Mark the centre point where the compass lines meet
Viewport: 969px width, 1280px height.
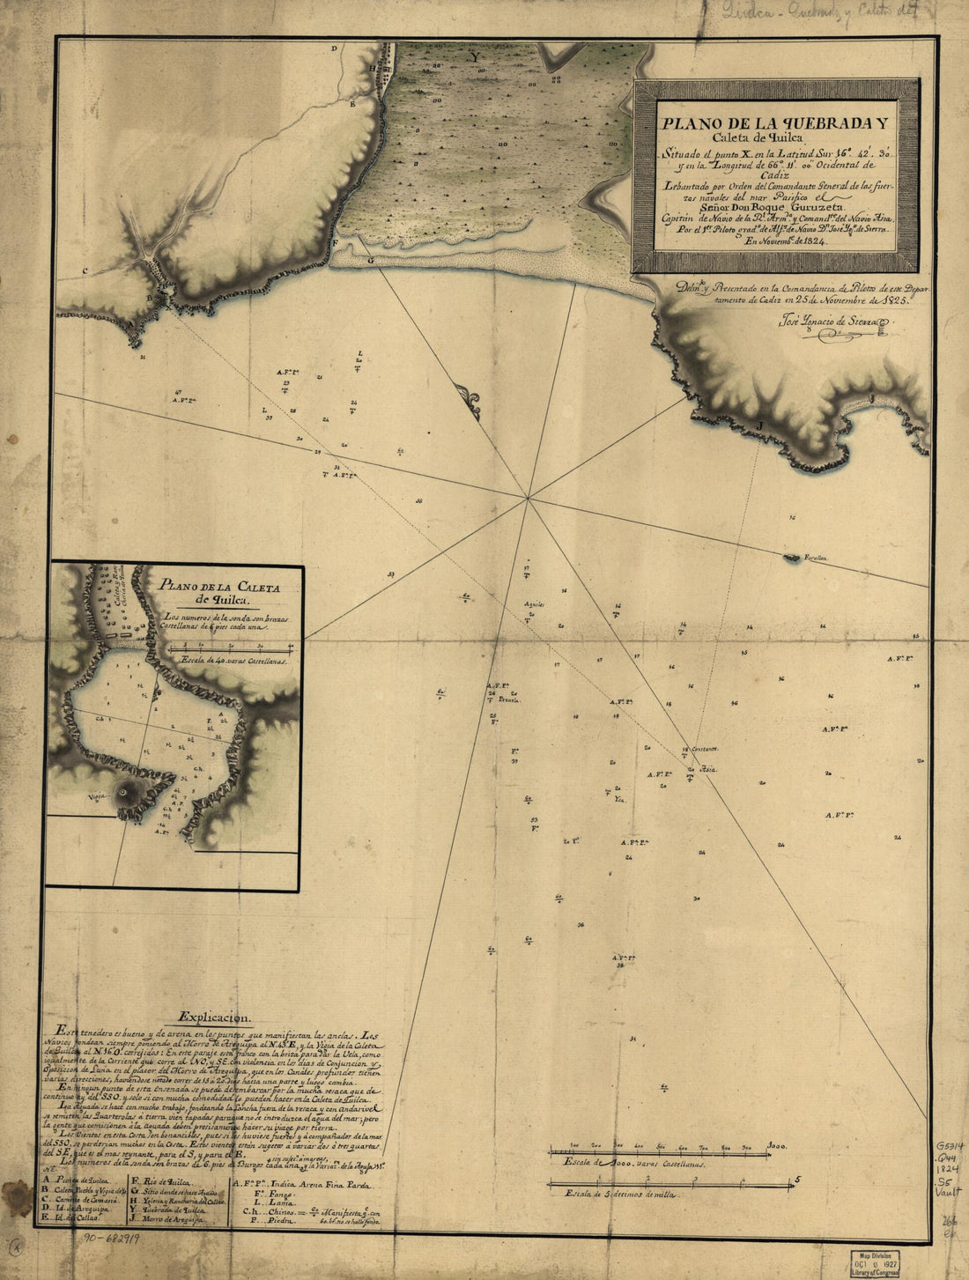point(527,499)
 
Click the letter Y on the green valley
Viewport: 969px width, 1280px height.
point(476,57)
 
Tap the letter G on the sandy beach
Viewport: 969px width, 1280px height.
point(370,261)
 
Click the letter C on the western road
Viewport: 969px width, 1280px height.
point(85,270)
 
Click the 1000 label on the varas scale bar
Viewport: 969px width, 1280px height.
point(775,1146)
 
